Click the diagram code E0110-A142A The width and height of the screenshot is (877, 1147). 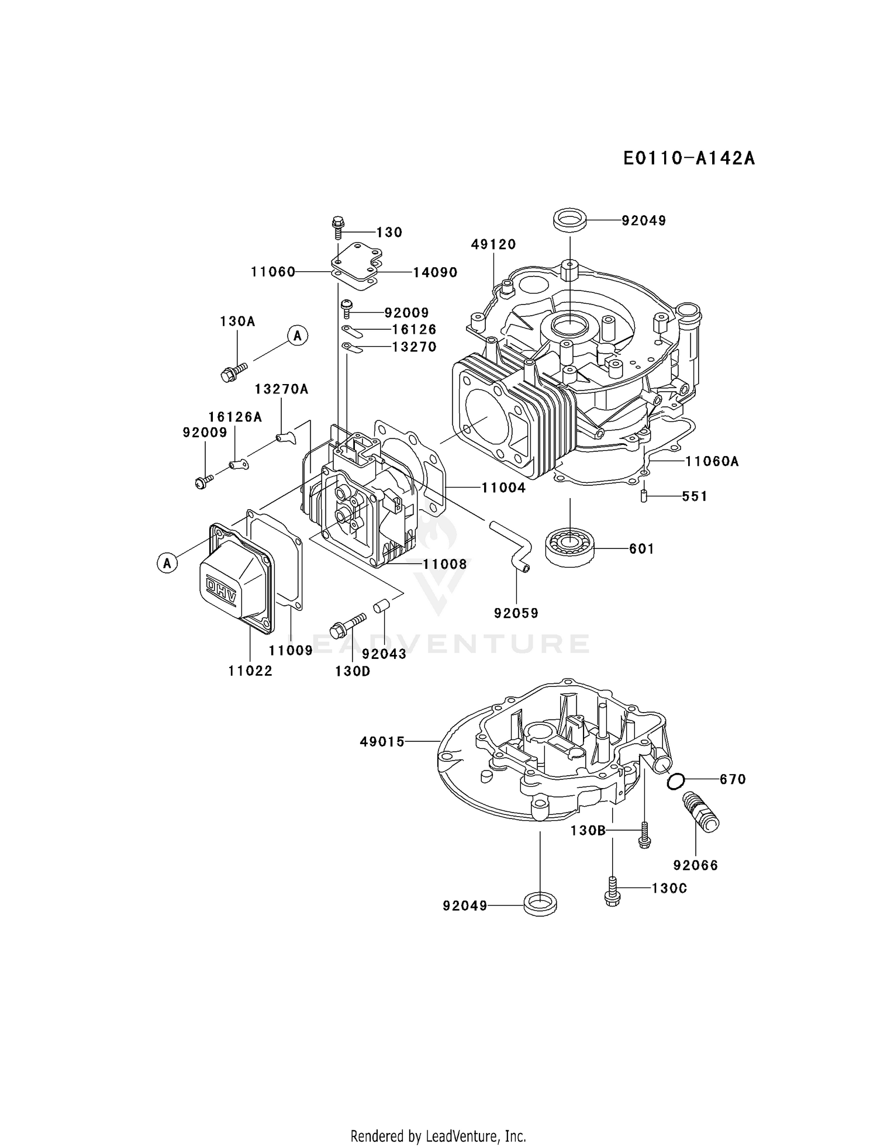pos(689,158)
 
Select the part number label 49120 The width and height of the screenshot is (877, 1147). pos(493,244)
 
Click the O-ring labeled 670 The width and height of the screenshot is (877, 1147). pos(675,781)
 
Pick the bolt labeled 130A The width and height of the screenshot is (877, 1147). pos(233,372)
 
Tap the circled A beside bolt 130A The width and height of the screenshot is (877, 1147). pos(298,336)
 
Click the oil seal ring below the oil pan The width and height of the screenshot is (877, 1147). pos(540,904)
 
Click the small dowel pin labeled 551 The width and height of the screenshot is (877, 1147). pos(643,496)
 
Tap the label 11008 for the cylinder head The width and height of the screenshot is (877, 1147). pos(445,564)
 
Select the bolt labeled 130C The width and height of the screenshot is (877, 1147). pos(612,891)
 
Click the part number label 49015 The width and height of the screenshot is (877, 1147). pos(382,742)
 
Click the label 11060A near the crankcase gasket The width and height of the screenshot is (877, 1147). pos(712,461)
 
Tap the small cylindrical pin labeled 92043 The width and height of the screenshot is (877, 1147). pos(381,605)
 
